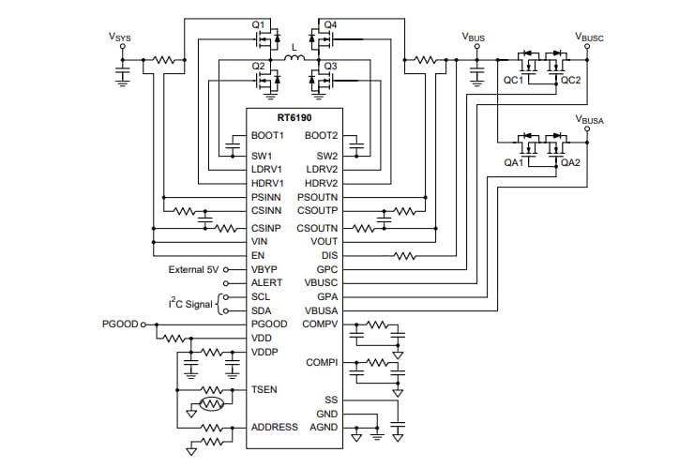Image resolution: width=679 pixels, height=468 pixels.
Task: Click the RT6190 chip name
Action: click(x=294, y=119)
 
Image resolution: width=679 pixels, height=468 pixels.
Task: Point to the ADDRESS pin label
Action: click(x=275, y=427)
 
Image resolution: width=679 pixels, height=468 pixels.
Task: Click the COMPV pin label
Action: click(x=320, y=324)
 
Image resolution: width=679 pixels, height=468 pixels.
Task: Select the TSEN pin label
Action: click(x=264, y=388)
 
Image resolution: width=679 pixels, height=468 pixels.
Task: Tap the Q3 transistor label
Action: click(x=330, y=66)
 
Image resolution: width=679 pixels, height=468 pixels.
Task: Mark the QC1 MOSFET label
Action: click(x=513, y=81)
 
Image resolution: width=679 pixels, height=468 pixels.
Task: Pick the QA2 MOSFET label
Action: click(x=571, y=161)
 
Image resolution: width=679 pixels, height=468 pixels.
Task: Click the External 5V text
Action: click(x=193, y=269)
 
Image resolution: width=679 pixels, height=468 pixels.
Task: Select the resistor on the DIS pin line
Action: click(x=404, y=255)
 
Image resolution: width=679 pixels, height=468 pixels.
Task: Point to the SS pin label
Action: click(x=331, y=400)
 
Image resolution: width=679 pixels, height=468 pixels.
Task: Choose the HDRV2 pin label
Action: click(x=320, y=182)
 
